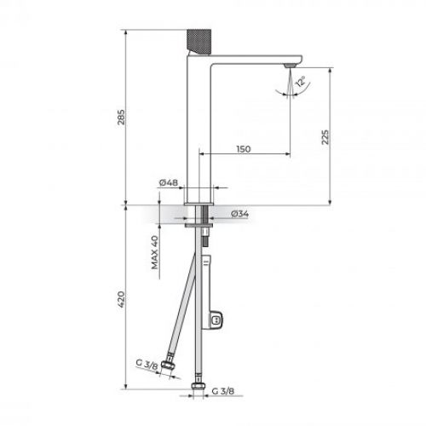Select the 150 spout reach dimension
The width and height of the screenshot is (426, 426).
243,148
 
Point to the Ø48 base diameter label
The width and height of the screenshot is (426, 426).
168,182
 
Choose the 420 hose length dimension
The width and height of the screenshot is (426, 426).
121,299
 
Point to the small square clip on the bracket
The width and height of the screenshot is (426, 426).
218,321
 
